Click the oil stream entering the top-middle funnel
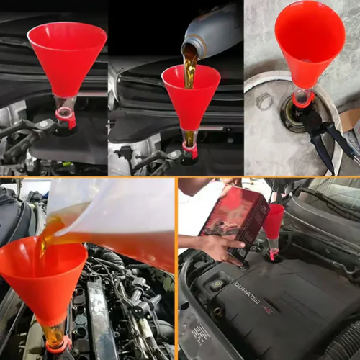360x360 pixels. (x=189, y=72)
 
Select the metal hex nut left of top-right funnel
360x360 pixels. (x=264, y=101)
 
